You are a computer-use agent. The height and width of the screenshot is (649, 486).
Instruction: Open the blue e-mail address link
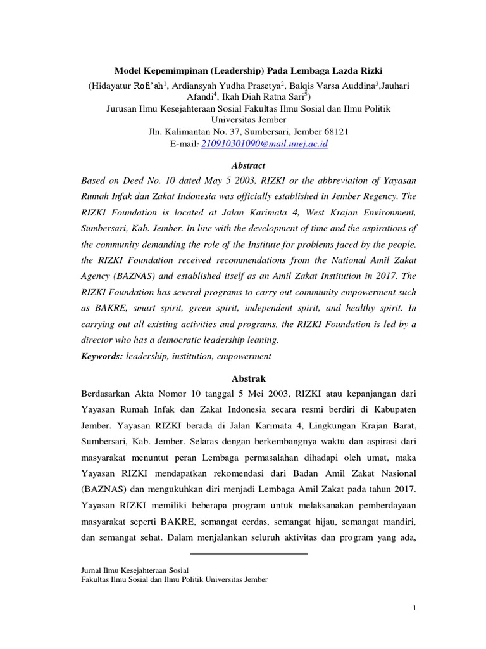tap(266, 144)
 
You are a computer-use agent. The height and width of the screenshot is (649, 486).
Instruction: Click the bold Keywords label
tap(102, 356)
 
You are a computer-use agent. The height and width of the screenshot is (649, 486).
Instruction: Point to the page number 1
tap(414, 609)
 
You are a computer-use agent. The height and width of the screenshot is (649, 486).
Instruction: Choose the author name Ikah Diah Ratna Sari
tap(262, 97)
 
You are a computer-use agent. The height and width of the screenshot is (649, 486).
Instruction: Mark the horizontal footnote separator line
tap(248, 553)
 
